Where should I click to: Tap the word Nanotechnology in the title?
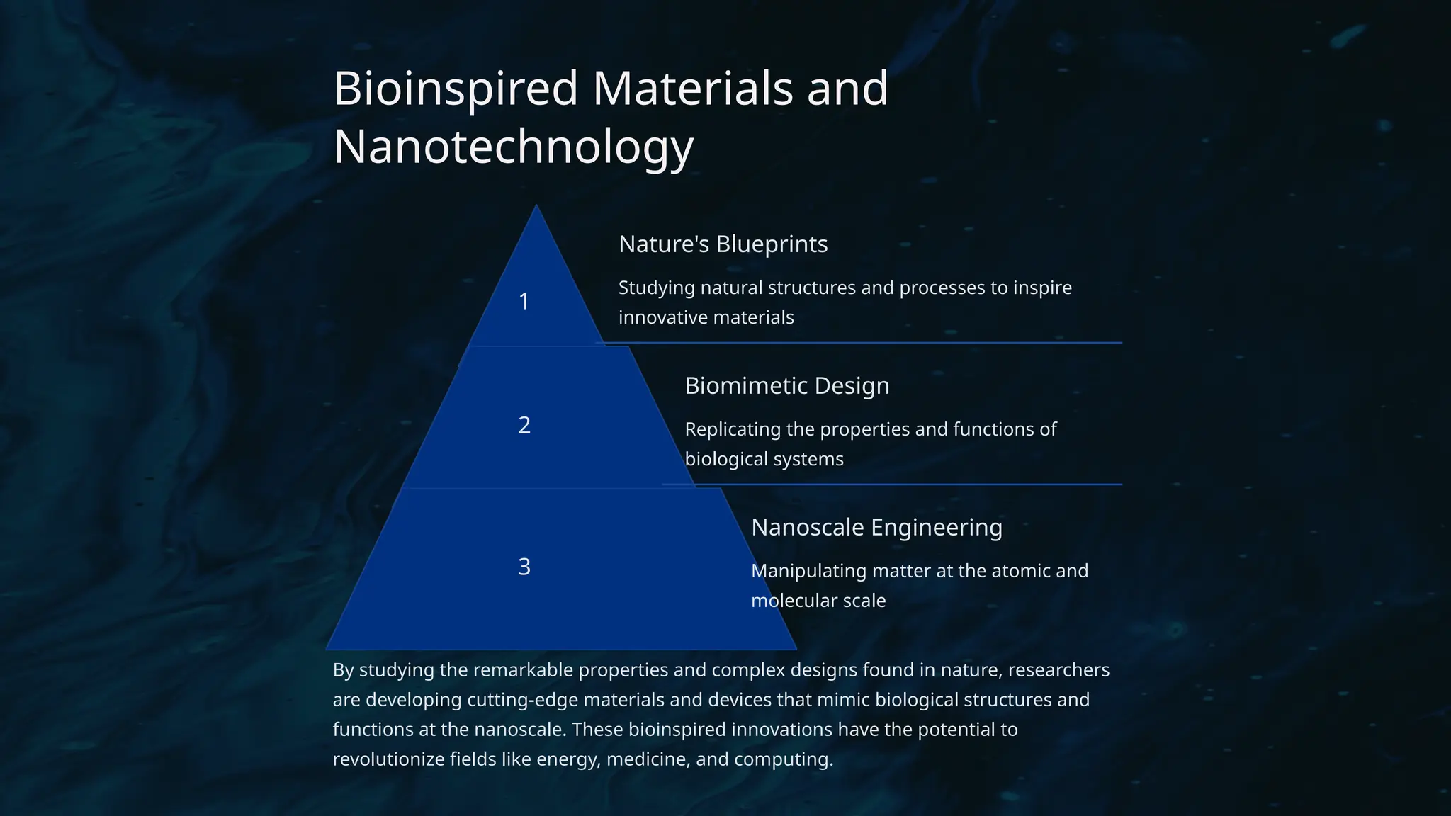coord(513,147)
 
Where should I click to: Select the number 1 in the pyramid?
coord(524,302)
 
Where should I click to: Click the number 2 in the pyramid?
coord(524,425)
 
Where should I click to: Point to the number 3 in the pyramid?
coord(524,567)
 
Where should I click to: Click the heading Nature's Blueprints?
coord(723,244)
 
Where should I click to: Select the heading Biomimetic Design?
coord(786,386)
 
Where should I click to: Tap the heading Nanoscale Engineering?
coord(876,528)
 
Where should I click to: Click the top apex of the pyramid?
coord(536,208)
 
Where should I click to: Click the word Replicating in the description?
coord(732,429)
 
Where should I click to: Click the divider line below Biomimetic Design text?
coord(907,484)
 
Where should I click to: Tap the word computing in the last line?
coord(783,759)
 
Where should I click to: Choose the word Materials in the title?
coord(692,89)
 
